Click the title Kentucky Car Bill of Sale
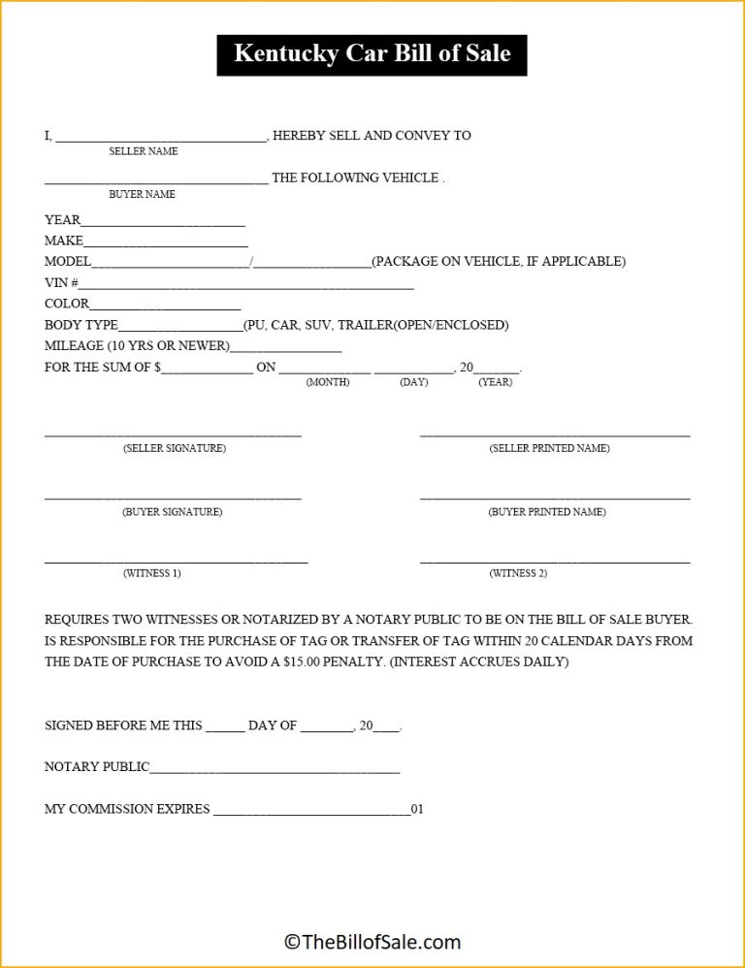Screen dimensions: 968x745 click(372, 53)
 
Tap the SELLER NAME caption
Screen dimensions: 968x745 click(144, 151)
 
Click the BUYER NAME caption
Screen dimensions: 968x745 click(142, 194)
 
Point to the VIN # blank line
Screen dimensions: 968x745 click(246, 287)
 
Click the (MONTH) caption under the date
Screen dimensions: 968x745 click(328, 382)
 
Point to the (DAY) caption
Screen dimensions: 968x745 click(413, 382)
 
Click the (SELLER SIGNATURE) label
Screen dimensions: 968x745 click(175, 448)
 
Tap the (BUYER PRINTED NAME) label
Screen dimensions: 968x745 click(547, 512)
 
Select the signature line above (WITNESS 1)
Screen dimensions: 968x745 click(176, 562)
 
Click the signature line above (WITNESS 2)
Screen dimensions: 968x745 click(555, 562)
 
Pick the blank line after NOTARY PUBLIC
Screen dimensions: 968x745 click(275, 771)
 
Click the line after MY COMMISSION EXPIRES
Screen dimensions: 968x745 click(311, 813)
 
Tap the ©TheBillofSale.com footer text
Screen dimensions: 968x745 click(372, 941)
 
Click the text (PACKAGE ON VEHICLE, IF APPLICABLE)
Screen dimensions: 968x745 click(499, 262)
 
